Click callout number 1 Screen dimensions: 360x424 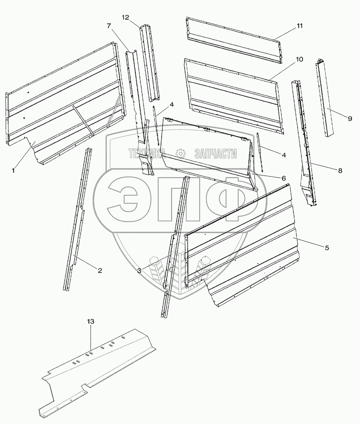[13, 170]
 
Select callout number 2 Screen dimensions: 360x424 [100, 270]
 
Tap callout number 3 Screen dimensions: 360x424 [139, 271]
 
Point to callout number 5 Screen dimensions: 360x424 [327, 248]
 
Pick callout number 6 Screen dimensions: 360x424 [283, 178]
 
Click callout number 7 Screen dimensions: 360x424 [109, 26]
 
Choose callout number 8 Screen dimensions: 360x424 [340, 171]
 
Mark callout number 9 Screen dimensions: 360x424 [350, 119]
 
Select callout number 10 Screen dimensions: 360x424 [299, 59]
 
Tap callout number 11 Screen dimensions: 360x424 [299, 26]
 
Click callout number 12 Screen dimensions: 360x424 [126, 18]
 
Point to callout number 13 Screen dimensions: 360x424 [91, 321]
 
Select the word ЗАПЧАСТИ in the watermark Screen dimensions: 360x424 [216, 153]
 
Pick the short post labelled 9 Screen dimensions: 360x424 [325, 98]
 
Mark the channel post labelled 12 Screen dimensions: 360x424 [149, 64]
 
